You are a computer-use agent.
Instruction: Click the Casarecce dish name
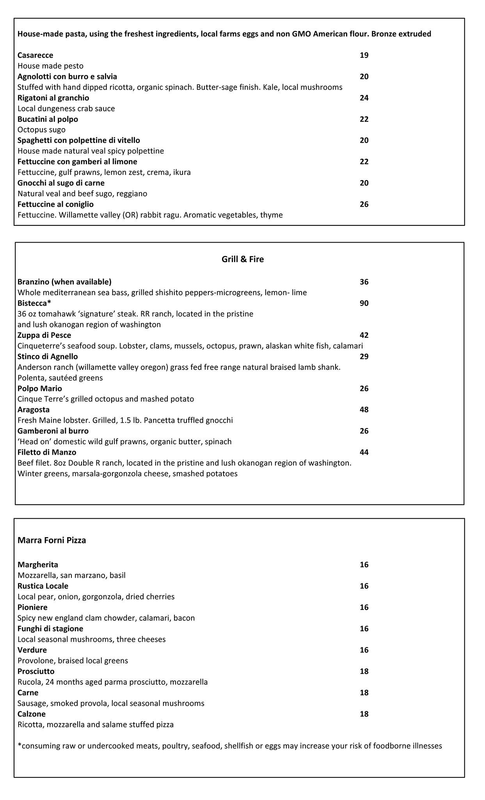point(35,55)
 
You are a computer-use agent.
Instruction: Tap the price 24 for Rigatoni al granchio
point(364,98)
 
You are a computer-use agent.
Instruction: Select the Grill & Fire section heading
point(242,259)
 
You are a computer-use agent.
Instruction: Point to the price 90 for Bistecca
point(364,303)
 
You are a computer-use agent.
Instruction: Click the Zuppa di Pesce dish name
point(44,335)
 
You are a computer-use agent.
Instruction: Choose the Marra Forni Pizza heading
point(52,540)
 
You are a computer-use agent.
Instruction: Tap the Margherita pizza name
point(37,564)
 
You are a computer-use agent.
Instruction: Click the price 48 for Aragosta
point(364,409)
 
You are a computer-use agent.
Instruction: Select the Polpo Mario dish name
point(39,388)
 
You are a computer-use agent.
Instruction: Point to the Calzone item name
point(31,714)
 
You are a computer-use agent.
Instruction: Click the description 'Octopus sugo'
point(41,130)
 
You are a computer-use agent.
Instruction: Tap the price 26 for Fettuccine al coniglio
point(364,204)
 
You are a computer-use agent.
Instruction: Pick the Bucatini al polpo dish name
point(48,119)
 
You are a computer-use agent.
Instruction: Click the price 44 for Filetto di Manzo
point(364,452)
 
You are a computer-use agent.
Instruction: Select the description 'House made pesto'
point(50,66)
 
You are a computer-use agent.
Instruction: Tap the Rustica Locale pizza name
point(43,586)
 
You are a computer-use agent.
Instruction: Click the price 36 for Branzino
point(364,282)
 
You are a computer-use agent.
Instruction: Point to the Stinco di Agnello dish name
point(48,356)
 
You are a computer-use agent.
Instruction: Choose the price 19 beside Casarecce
point(364,55)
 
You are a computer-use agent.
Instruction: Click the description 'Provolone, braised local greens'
point(73,661)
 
